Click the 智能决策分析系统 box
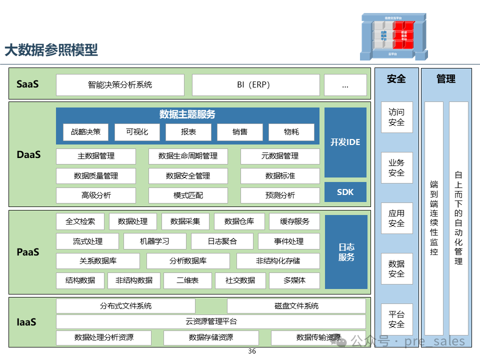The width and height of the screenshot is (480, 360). point(120,85)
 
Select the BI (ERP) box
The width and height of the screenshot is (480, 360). point(255,85)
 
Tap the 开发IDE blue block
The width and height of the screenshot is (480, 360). point(345,142)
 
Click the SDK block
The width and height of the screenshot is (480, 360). point(345,192)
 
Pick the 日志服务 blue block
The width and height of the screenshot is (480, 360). point(346,252)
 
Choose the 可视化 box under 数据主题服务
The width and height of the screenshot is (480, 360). point(137,132)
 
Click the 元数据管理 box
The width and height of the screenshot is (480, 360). point(280,156)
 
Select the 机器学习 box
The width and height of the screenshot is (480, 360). point(155,241)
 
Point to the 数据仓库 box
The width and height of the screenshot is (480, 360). point(239,221)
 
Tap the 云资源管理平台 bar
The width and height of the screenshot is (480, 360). point(210,321)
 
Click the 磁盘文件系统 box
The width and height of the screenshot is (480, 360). point(296,306)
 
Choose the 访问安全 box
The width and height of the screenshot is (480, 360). point(396,117)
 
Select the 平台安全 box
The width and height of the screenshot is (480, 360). point(396,319)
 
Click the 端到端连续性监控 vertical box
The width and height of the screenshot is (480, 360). point(434,218)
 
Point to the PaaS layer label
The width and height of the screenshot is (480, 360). point(28,252)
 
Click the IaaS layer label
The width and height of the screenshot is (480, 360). point(26,322)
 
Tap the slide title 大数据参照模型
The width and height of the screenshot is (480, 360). point(51,50)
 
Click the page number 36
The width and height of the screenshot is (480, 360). point(252,351)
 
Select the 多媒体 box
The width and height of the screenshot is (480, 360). point(294,280)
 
